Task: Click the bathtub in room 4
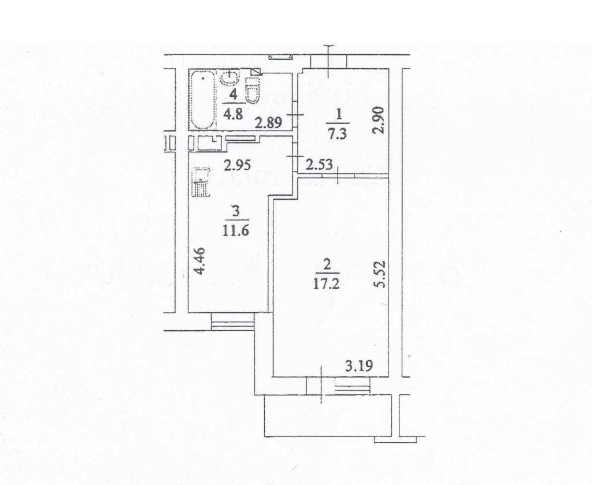[202, 99]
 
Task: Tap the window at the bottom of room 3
[232, 322]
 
